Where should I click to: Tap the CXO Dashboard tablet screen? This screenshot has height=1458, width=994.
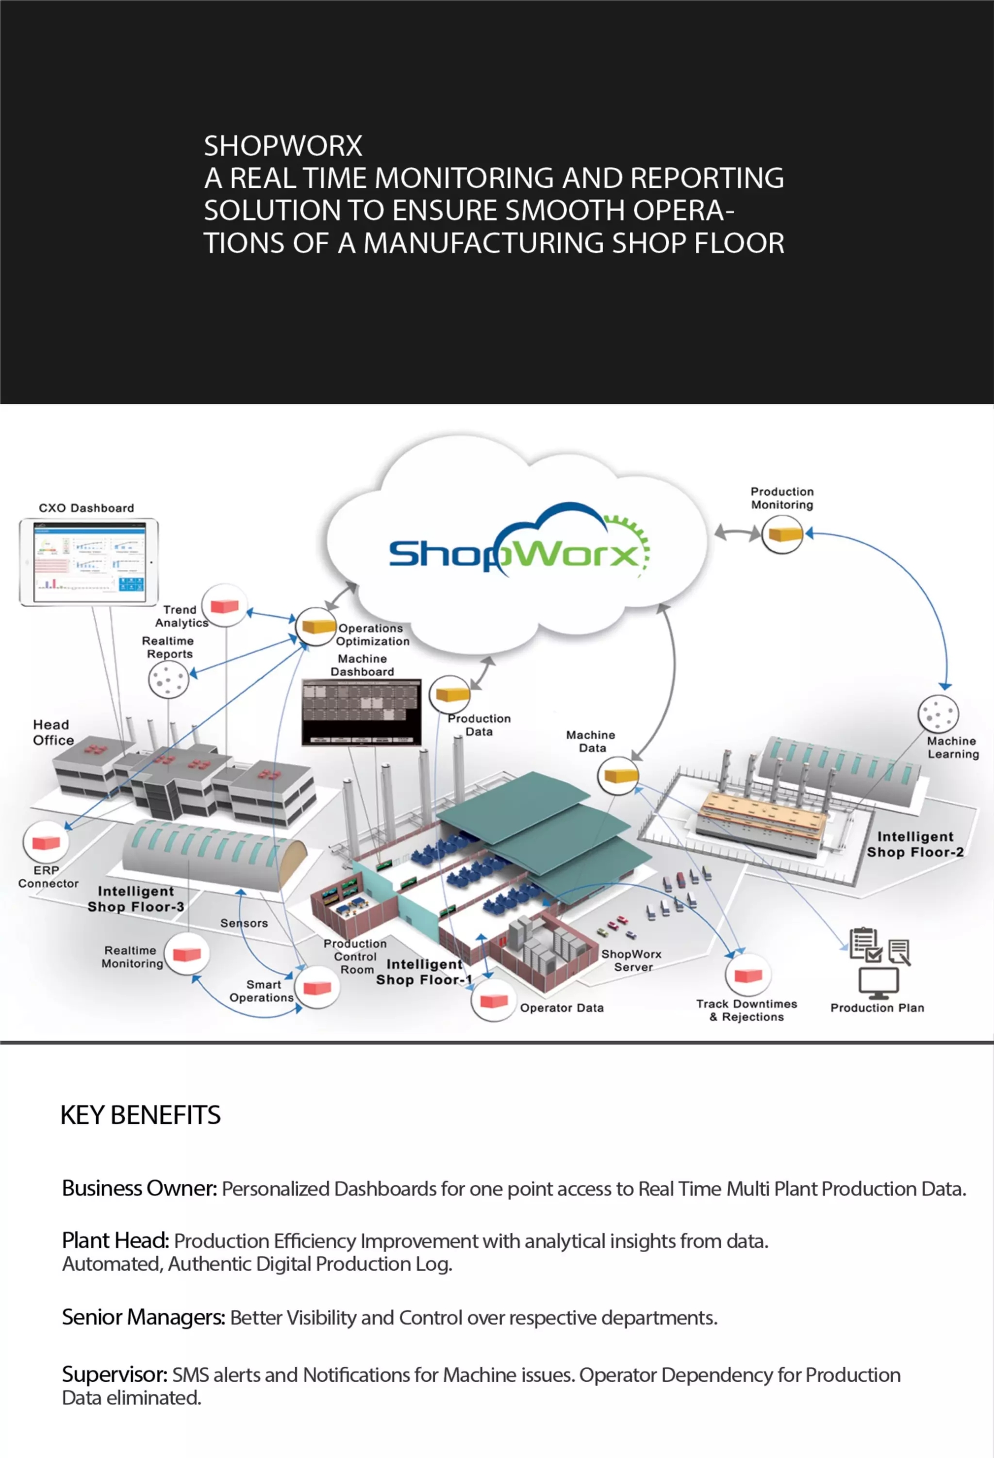88,563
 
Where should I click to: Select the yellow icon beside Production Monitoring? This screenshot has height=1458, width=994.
782,534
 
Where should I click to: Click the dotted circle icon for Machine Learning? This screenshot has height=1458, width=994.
938,713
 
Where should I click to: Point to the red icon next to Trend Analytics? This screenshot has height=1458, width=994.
224,605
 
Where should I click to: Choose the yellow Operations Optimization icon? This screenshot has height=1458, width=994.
315,626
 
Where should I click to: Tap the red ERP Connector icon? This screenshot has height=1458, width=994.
46,842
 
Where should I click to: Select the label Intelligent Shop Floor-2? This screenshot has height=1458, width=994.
915,844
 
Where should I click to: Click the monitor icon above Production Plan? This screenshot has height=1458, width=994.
878,981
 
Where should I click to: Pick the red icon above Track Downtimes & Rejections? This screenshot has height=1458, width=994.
748,975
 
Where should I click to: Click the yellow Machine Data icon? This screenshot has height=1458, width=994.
618,776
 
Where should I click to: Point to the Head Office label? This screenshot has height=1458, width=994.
53,732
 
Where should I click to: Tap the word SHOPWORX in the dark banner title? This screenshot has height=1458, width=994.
283,146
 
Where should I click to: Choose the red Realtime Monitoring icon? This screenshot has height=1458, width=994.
186,954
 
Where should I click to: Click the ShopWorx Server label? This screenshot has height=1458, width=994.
632,961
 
